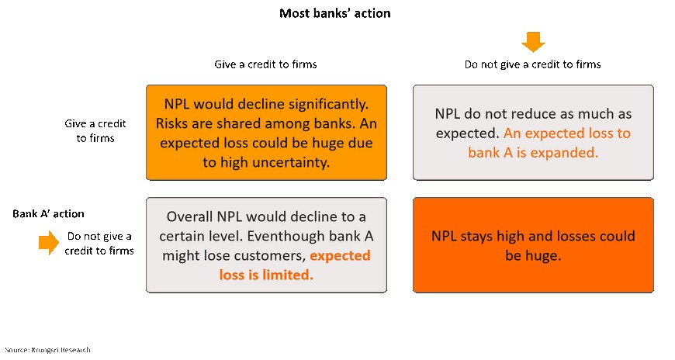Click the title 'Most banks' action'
335,13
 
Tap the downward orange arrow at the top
533,42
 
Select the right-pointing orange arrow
49,242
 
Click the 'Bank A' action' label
48,213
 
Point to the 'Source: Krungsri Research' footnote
48,350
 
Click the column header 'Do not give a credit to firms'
532,64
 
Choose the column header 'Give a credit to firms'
265,64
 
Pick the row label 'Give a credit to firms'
95,131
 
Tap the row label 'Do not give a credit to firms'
99,244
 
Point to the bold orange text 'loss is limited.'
266,275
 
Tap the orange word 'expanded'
566,152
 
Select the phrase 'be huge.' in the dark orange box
533,256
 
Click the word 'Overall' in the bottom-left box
190,216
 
